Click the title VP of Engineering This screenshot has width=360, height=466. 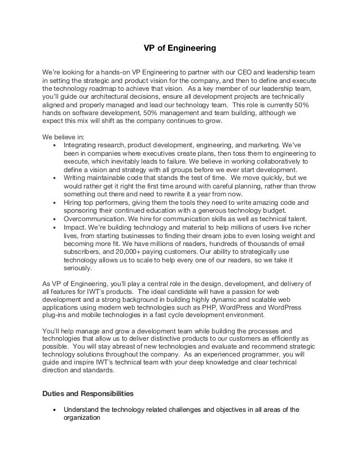pos(179,49)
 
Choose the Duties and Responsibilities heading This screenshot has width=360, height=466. pos(93,392)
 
